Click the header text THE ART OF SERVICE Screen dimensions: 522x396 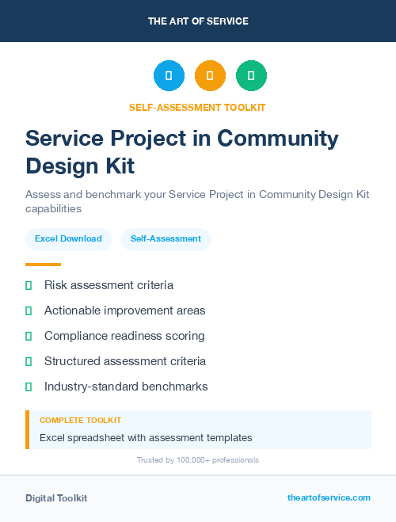pyautogui.click(x=198, y=21)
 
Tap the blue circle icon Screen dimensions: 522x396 pyautogui.click(x=169, y=76)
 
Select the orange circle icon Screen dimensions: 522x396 pyautogui.click(x=210, y=76)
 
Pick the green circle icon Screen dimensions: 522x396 pyautogui.click(x=251, y=76)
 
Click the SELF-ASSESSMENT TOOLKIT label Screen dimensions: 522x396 pyautogui.click(x=197, y=107)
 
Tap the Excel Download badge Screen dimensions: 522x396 pyautogui.click(x=68, y=238)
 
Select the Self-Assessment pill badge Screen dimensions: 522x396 pyautogui.click(x=166, y=238)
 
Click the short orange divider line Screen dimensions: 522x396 pyautogui.click(x=43, y=265)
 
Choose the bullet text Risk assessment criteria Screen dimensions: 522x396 pyautogui.click(x=109, y=285)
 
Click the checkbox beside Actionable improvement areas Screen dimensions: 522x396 pyautogui.click(x=29, y=311)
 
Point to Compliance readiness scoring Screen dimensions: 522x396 pyautogui.click(x=124, y=336)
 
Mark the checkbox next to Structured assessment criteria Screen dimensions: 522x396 pyautogui.click(x=29, y=361)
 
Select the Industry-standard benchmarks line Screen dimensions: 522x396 pyautogui.click(x=126, y=387)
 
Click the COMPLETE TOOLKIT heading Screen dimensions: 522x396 pyautogui.click(x=80, y=421)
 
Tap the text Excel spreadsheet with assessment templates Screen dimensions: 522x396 pyautogui.click(x=146, y=437)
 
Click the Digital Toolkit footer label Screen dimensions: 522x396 pyautogui.click(x=56, y=498)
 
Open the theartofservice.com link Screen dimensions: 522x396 pyautogui.click(x=329, y=497)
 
